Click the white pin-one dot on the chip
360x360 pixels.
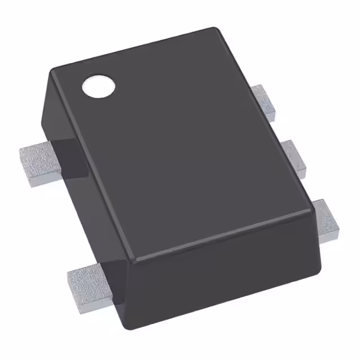98,85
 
